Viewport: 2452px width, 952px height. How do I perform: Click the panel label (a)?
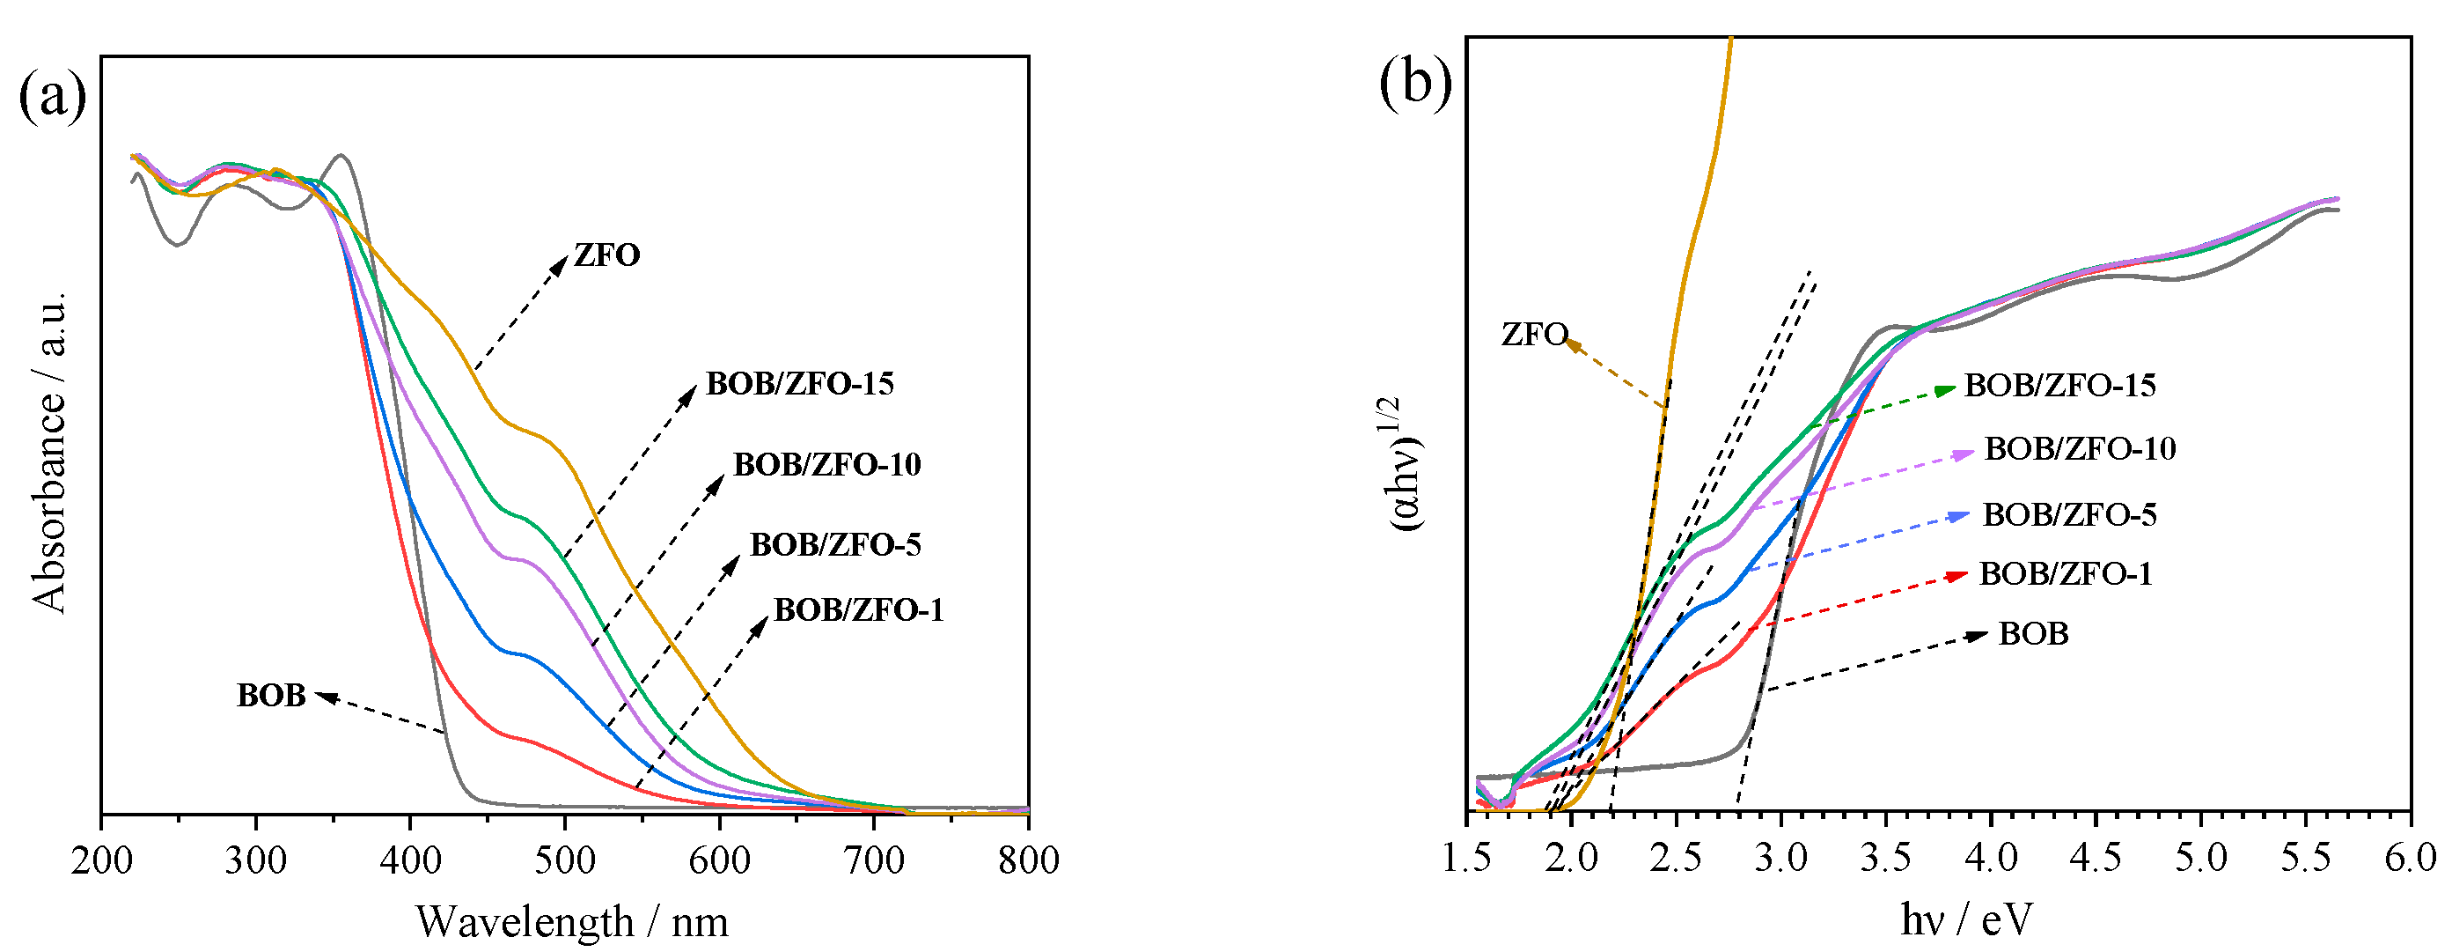(52, 95)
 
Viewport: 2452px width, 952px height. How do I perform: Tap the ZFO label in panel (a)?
(606, 255)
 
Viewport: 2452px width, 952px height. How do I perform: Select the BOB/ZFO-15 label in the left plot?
(799, 384)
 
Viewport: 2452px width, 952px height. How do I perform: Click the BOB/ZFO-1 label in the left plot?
(859, 609)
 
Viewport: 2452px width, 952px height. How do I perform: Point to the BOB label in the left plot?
(271, 696)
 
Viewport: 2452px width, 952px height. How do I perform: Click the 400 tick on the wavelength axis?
(410, 860)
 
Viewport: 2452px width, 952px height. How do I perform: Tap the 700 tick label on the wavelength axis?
(874, 860)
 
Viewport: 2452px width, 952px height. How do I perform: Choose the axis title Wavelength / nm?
(571, 921)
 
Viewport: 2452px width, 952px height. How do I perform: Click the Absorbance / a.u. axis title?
(49, 452)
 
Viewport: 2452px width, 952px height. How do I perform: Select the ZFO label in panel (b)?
(1533, 334)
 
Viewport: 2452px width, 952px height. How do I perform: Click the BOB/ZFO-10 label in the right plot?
(2080, 448)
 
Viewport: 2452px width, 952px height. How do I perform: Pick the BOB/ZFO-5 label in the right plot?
(2068, 515)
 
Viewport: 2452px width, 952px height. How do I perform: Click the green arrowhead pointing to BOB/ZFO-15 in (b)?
(1946, 389)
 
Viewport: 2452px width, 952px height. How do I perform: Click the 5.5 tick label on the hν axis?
(2305, 858)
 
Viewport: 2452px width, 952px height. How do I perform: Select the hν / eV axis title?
(1965, 919)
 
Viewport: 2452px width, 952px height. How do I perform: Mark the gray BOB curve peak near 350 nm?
(341, 155)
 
